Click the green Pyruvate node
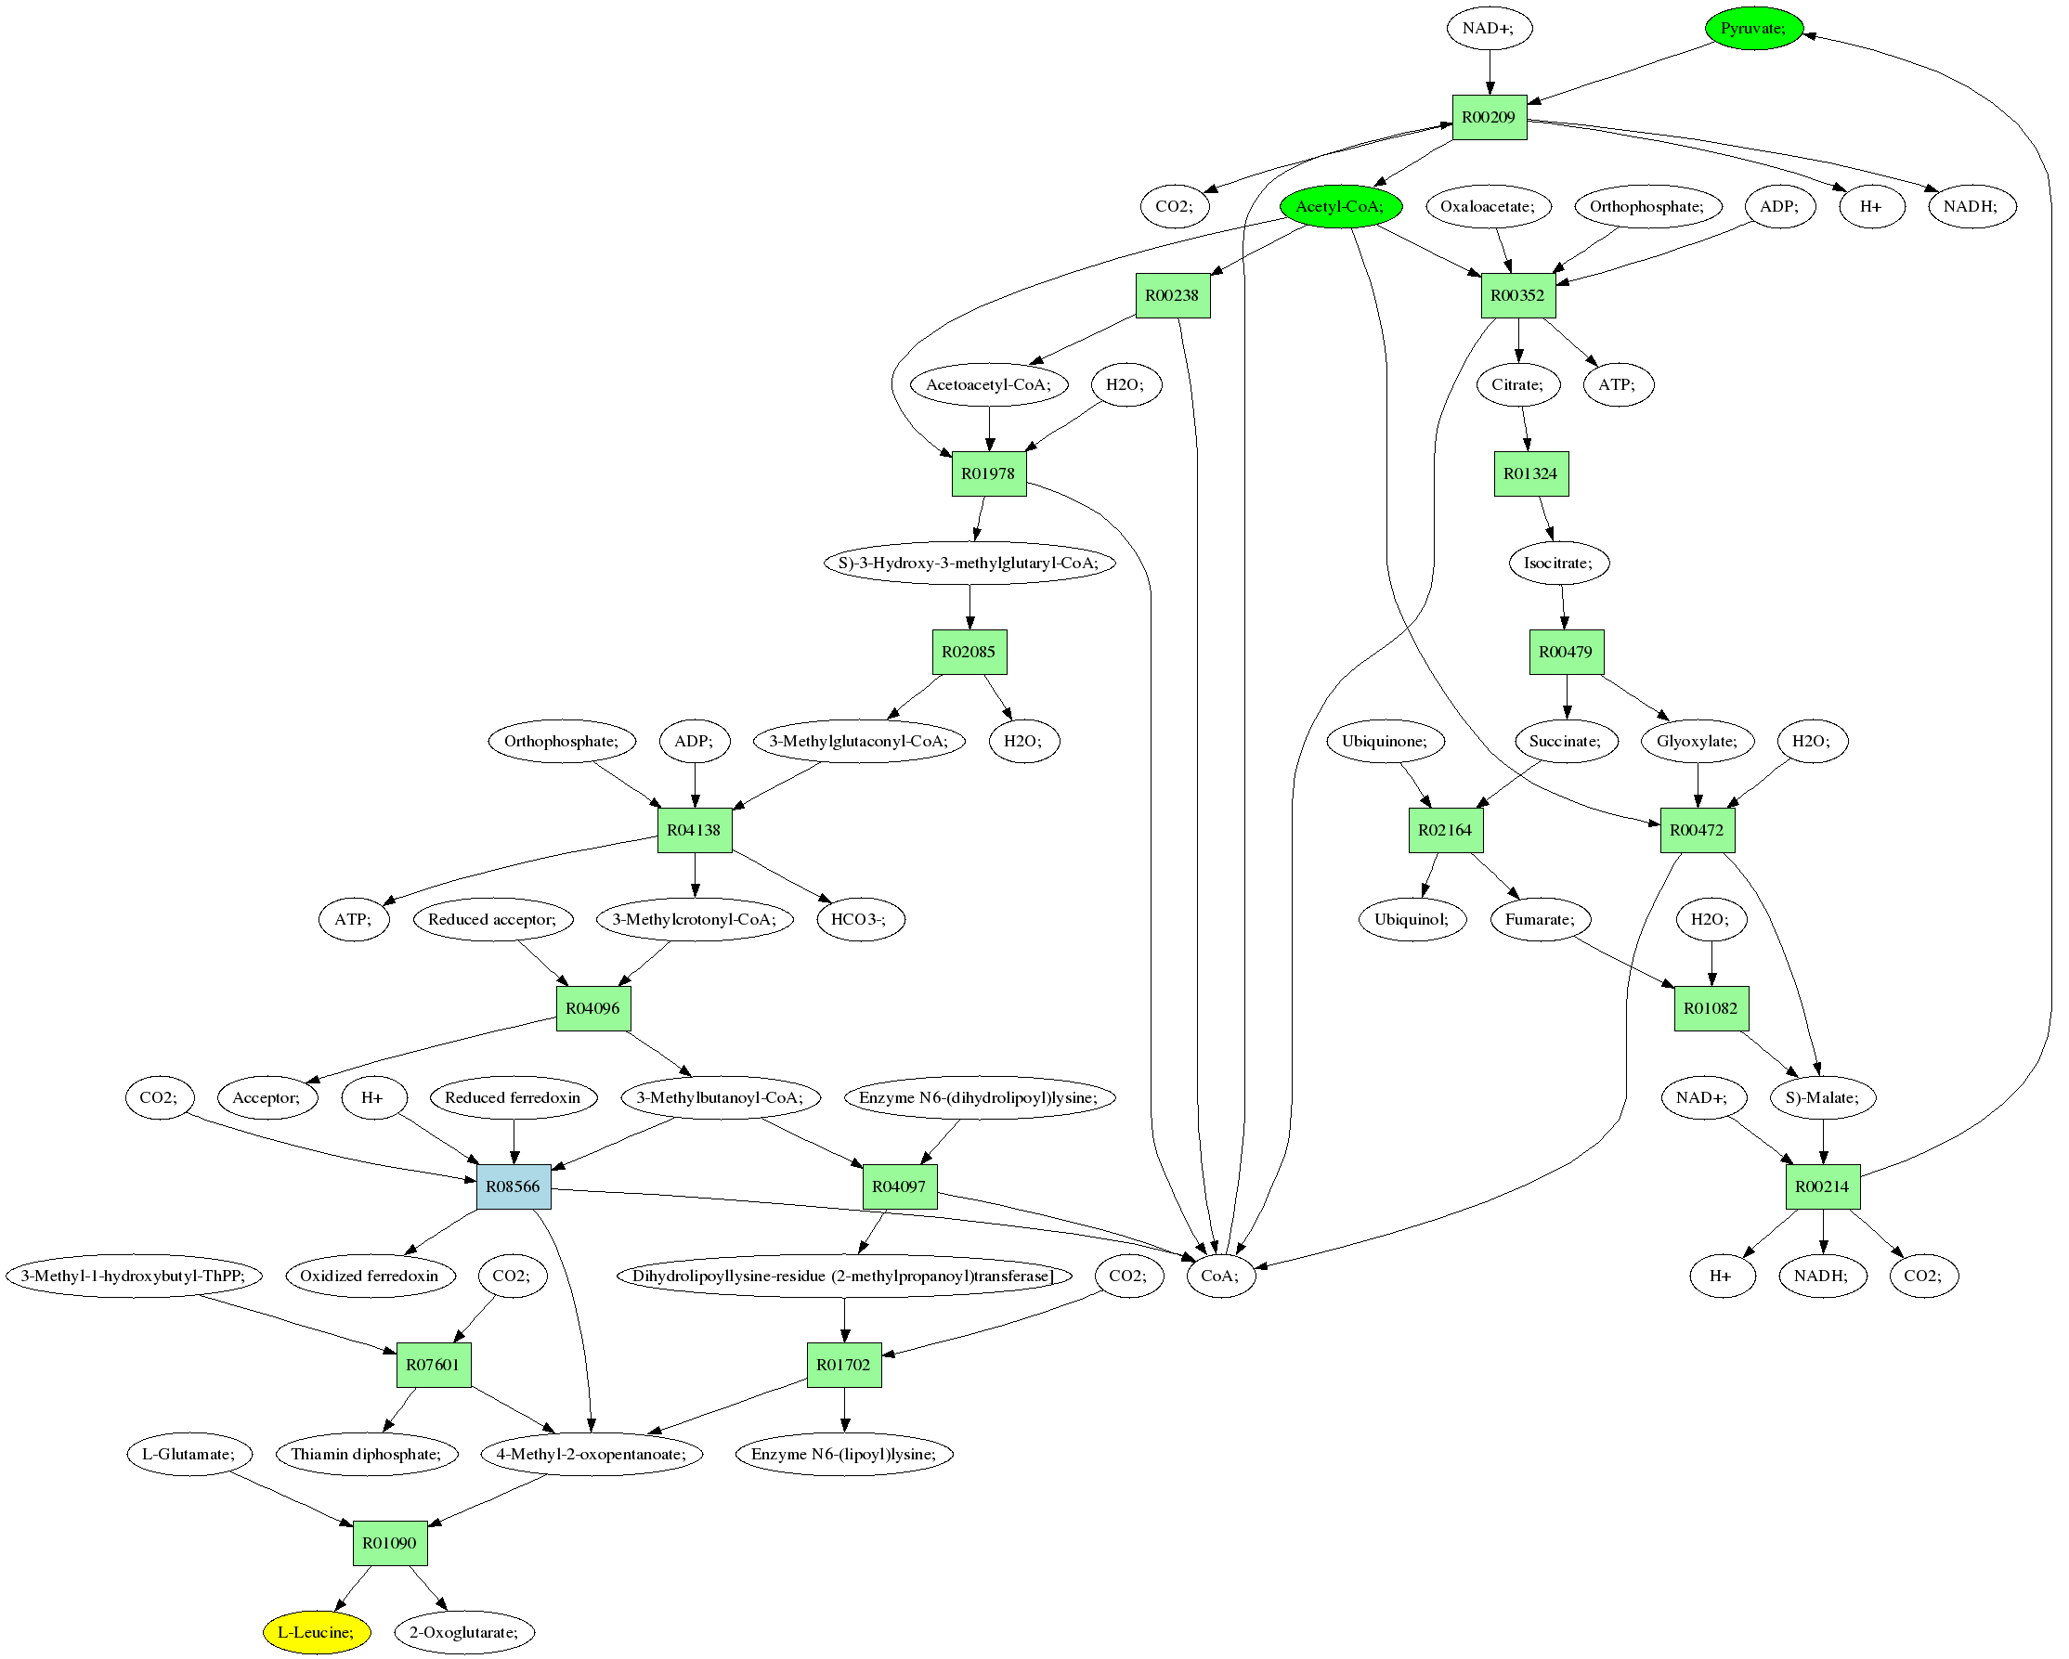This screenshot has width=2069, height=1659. (x=1753, y=29)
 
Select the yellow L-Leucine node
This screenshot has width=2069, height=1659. (x=317, y=1632)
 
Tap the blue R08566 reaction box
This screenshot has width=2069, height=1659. (x=514, y=1186)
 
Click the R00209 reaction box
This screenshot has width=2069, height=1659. (x=1489, y=117)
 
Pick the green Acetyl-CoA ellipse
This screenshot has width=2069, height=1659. (x=1341, y=206)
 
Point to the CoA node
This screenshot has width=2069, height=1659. (x=1220, y=1277)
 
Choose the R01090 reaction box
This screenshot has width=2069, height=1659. (x=390, y=1543)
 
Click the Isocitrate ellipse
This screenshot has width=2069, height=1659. (x=1558, y=564)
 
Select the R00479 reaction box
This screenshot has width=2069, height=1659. (x=1565, y=653)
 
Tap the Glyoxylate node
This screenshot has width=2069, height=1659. (x=1697, y=742)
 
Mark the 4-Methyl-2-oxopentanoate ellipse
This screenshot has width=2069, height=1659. (x=592, y=1455)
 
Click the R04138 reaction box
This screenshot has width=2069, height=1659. (x=694, y=830)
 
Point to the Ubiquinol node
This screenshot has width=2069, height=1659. (x=1412, y=919)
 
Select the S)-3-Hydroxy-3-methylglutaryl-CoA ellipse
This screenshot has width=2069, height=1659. (x=969, y=564)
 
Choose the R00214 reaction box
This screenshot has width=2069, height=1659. (x=1822, y=1186)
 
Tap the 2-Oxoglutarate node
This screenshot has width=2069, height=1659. (x=464, y=1632)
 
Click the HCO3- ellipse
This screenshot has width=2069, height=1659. (x=860, y=919)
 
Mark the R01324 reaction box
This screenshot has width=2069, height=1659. (x=1530, y=474)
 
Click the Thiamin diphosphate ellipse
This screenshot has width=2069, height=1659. (x=367, y=1455)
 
